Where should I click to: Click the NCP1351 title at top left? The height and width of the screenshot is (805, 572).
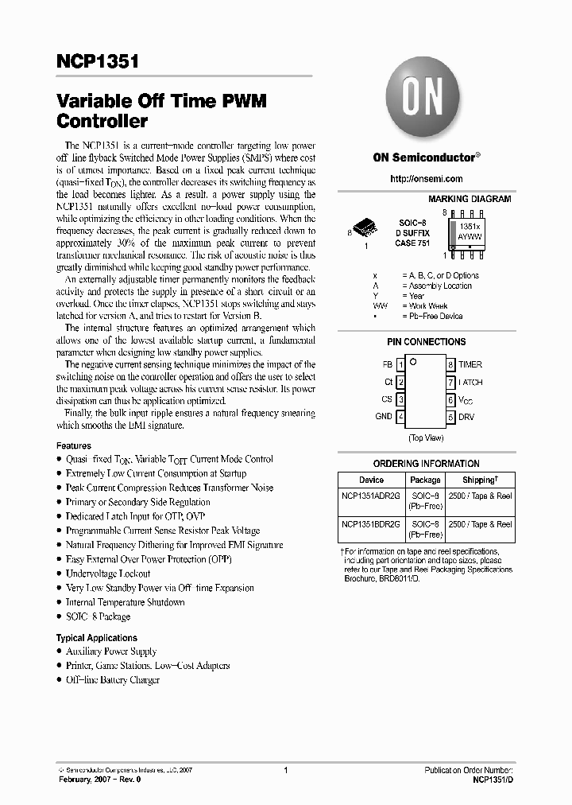point(98,61)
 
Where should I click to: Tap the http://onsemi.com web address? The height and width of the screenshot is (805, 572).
point(426,179)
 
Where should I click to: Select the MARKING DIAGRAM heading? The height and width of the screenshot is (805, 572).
point(470,199)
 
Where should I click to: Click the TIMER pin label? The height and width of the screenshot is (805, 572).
point(470,364)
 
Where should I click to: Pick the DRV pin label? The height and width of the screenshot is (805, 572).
point(466,416)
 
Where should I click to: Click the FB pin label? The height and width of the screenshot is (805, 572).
point(387,364)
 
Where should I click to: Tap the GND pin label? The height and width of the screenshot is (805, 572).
point(384,416)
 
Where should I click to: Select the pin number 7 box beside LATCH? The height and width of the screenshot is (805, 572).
point(450,382)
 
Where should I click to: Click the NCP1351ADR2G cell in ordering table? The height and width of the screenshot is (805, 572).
point(371,496)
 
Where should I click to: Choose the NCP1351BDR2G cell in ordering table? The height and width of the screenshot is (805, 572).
point(371,524)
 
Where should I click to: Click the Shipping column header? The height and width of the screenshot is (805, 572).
point(480,480)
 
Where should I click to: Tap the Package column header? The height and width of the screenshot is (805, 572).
point(425,480)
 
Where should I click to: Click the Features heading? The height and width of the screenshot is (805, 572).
point(73,445)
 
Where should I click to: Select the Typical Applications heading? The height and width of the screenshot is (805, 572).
point(96,638)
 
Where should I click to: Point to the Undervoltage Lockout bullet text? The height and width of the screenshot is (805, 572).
point(108,574)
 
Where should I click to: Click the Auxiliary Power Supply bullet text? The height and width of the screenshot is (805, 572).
point(111,651)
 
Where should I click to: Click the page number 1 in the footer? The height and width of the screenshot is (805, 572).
point(284,771)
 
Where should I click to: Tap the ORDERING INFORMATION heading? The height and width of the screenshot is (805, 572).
point(426,463)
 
